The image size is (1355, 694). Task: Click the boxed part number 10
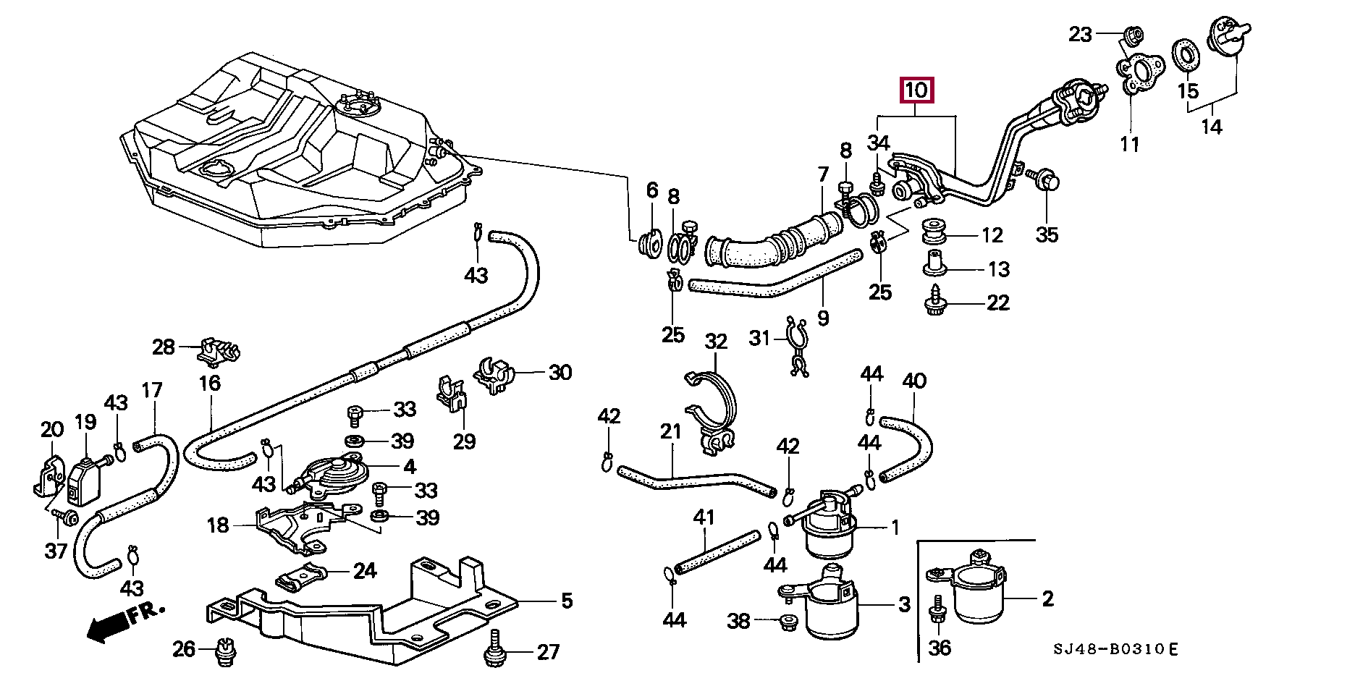[916, 90]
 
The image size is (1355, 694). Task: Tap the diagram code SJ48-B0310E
[1115, 649]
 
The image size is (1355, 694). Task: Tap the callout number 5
[567, 601]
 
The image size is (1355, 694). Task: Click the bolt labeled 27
[495, 650]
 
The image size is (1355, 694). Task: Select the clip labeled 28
[218, 351]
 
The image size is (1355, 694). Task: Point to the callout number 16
[210, 383]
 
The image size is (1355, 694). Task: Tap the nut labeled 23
[1134, 34]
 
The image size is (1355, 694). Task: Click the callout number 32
[716, 342]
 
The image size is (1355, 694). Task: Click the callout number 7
[823, 175]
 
